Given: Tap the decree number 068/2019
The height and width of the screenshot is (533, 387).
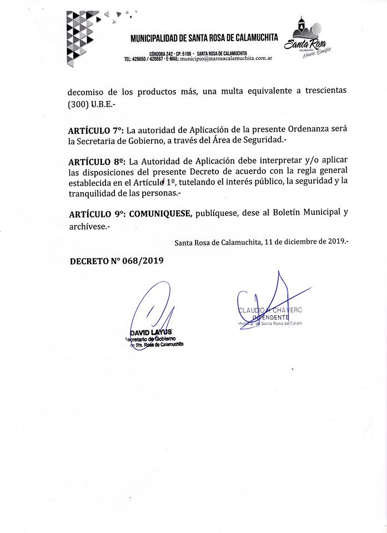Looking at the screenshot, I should tap(141, 261).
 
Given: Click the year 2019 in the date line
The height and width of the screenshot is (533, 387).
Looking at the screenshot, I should tap(335, 242).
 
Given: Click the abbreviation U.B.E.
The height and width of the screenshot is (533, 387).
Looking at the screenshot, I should tap(103, 104).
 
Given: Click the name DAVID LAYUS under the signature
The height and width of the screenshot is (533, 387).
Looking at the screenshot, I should tap(147, 331).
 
